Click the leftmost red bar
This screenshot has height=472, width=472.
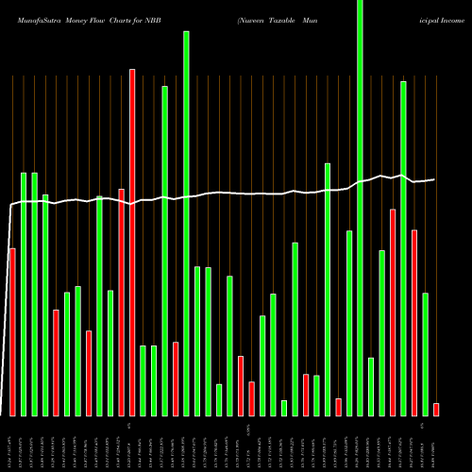tap(12, 331)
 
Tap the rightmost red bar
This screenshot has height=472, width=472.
tap(436, 409)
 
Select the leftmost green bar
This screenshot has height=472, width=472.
tap(24, 294)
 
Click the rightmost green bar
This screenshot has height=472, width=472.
tap(425, 354)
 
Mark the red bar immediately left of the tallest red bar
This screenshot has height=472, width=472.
tap(122, 302)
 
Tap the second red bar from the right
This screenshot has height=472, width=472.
tap(414, 322)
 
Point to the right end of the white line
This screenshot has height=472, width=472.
tap(434, 179)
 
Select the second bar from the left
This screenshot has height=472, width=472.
tap(24, 294)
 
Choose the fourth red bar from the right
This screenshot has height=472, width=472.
tap(338, 407)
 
